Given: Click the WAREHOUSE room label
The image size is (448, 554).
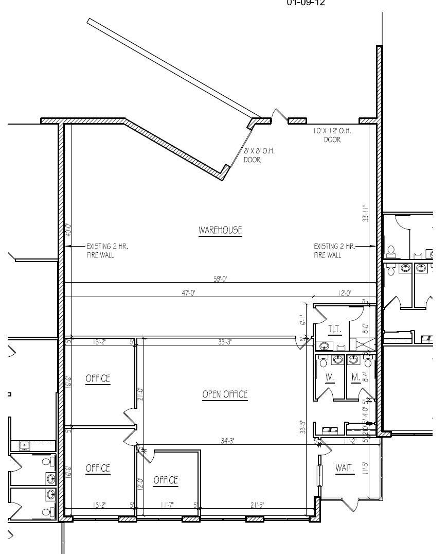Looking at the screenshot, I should tap(220, 230).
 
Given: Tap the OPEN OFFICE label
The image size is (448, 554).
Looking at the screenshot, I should tap(225, 394).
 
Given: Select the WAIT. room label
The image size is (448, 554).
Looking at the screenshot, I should tap(345, 468).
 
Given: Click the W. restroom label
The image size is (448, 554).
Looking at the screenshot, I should tap(330, 377).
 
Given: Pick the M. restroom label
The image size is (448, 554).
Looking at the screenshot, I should tap(355, 377).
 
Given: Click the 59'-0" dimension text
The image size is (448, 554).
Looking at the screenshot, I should tap(220, 279).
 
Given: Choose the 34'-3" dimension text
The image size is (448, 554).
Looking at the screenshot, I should tap(226, 441).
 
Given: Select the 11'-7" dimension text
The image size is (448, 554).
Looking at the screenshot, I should tap(166, 505).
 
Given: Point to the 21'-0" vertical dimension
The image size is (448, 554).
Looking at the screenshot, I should tap(139, 394).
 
